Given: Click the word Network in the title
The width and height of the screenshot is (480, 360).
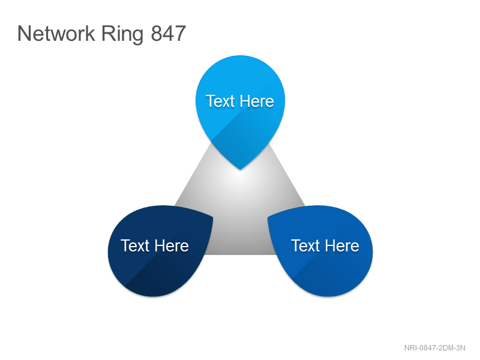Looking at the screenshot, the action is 56,33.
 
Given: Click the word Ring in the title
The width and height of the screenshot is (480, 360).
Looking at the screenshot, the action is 122,35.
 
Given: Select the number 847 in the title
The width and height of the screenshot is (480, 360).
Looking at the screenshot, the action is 169,33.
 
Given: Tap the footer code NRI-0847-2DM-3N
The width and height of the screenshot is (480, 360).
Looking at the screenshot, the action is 434,348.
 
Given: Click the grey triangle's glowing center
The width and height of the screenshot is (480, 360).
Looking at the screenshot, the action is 241,181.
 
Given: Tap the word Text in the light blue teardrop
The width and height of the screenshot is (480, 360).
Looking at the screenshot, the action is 220,101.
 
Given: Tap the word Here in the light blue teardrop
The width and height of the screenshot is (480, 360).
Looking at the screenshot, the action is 257,101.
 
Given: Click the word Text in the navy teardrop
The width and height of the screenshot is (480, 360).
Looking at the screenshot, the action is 135,245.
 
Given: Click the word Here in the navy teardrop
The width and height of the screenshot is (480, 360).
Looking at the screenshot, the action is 172,245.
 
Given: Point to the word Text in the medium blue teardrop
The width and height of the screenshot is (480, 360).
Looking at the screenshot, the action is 305,245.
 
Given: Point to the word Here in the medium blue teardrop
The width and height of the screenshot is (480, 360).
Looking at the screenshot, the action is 342,245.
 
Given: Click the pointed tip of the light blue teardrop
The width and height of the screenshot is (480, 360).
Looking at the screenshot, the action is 241,169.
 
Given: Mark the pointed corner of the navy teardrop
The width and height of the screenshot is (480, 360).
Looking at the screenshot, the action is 212,217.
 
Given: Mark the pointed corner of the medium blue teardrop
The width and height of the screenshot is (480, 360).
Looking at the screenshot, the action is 268,217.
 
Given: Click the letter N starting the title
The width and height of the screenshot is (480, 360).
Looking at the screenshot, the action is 24,33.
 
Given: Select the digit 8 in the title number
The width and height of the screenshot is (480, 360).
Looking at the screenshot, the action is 157,33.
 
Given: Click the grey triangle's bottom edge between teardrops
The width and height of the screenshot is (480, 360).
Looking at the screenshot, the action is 241,254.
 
